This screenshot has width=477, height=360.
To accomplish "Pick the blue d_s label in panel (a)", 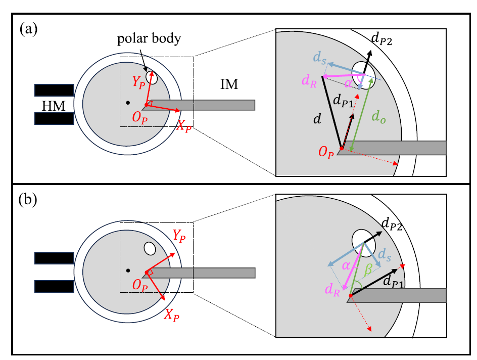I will click(x=318, y=60).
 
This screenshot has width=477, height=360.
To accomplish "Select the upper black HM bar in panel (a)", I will click(x=55, y=91).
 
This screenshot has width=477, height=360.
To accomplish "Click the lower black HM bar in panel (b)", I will click(x=55, y=287).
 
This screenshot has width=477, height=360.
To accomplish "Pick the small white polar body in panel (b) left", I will click(x=150, y=249).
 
